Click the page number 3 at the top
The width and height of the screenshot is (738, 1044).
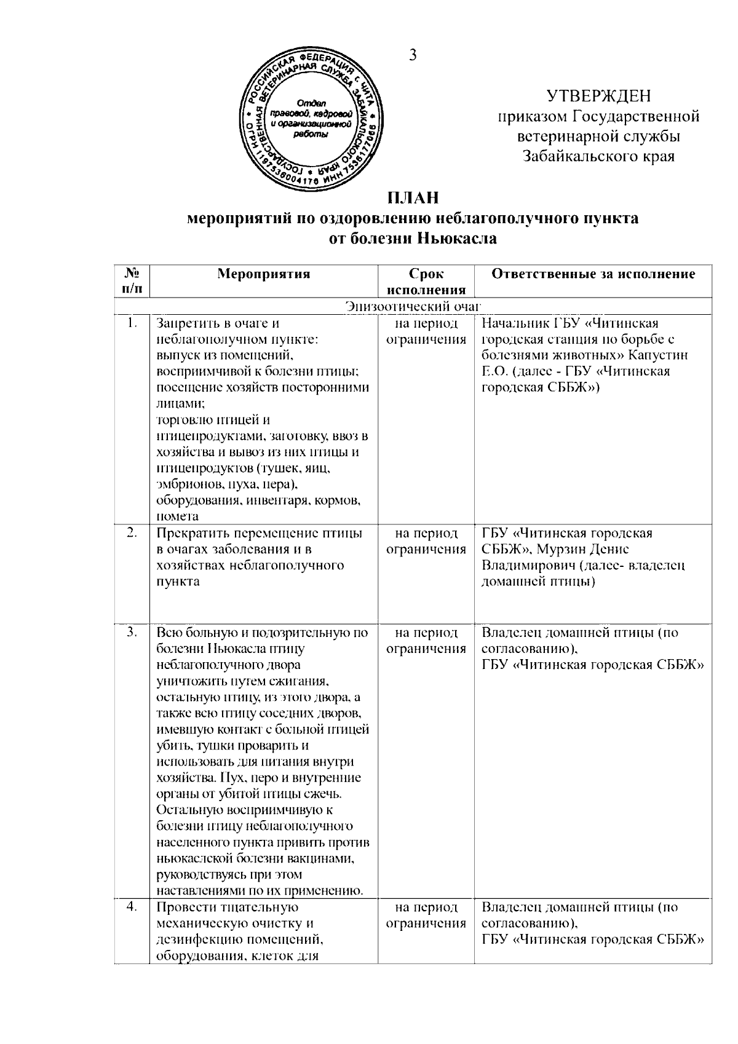click(x=413, y=55)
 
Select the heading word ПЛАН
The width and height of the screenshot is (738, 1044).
click(x=413, y=199)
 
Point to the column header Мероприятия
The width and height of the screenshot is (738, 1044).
click(x=264, y=274)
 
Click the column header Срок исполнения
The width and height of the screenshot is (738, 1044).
click(x=426, y=282)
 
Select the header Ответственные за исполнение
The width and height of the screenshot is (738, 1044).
click(x=593, y=274)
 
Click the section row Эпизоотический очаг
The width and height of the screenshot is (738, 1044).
click(x=413, y=306)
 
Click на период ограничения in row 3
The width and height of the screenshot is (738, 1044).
click(x=426, y=640)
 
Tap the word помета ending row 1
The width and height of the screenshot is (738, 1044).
click(x=178, y=516)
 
